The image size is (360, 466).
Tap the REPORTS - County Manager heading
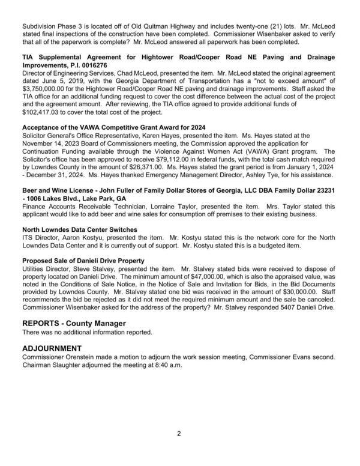74,323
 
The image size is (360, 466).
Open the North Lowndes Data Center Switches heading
80,229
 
